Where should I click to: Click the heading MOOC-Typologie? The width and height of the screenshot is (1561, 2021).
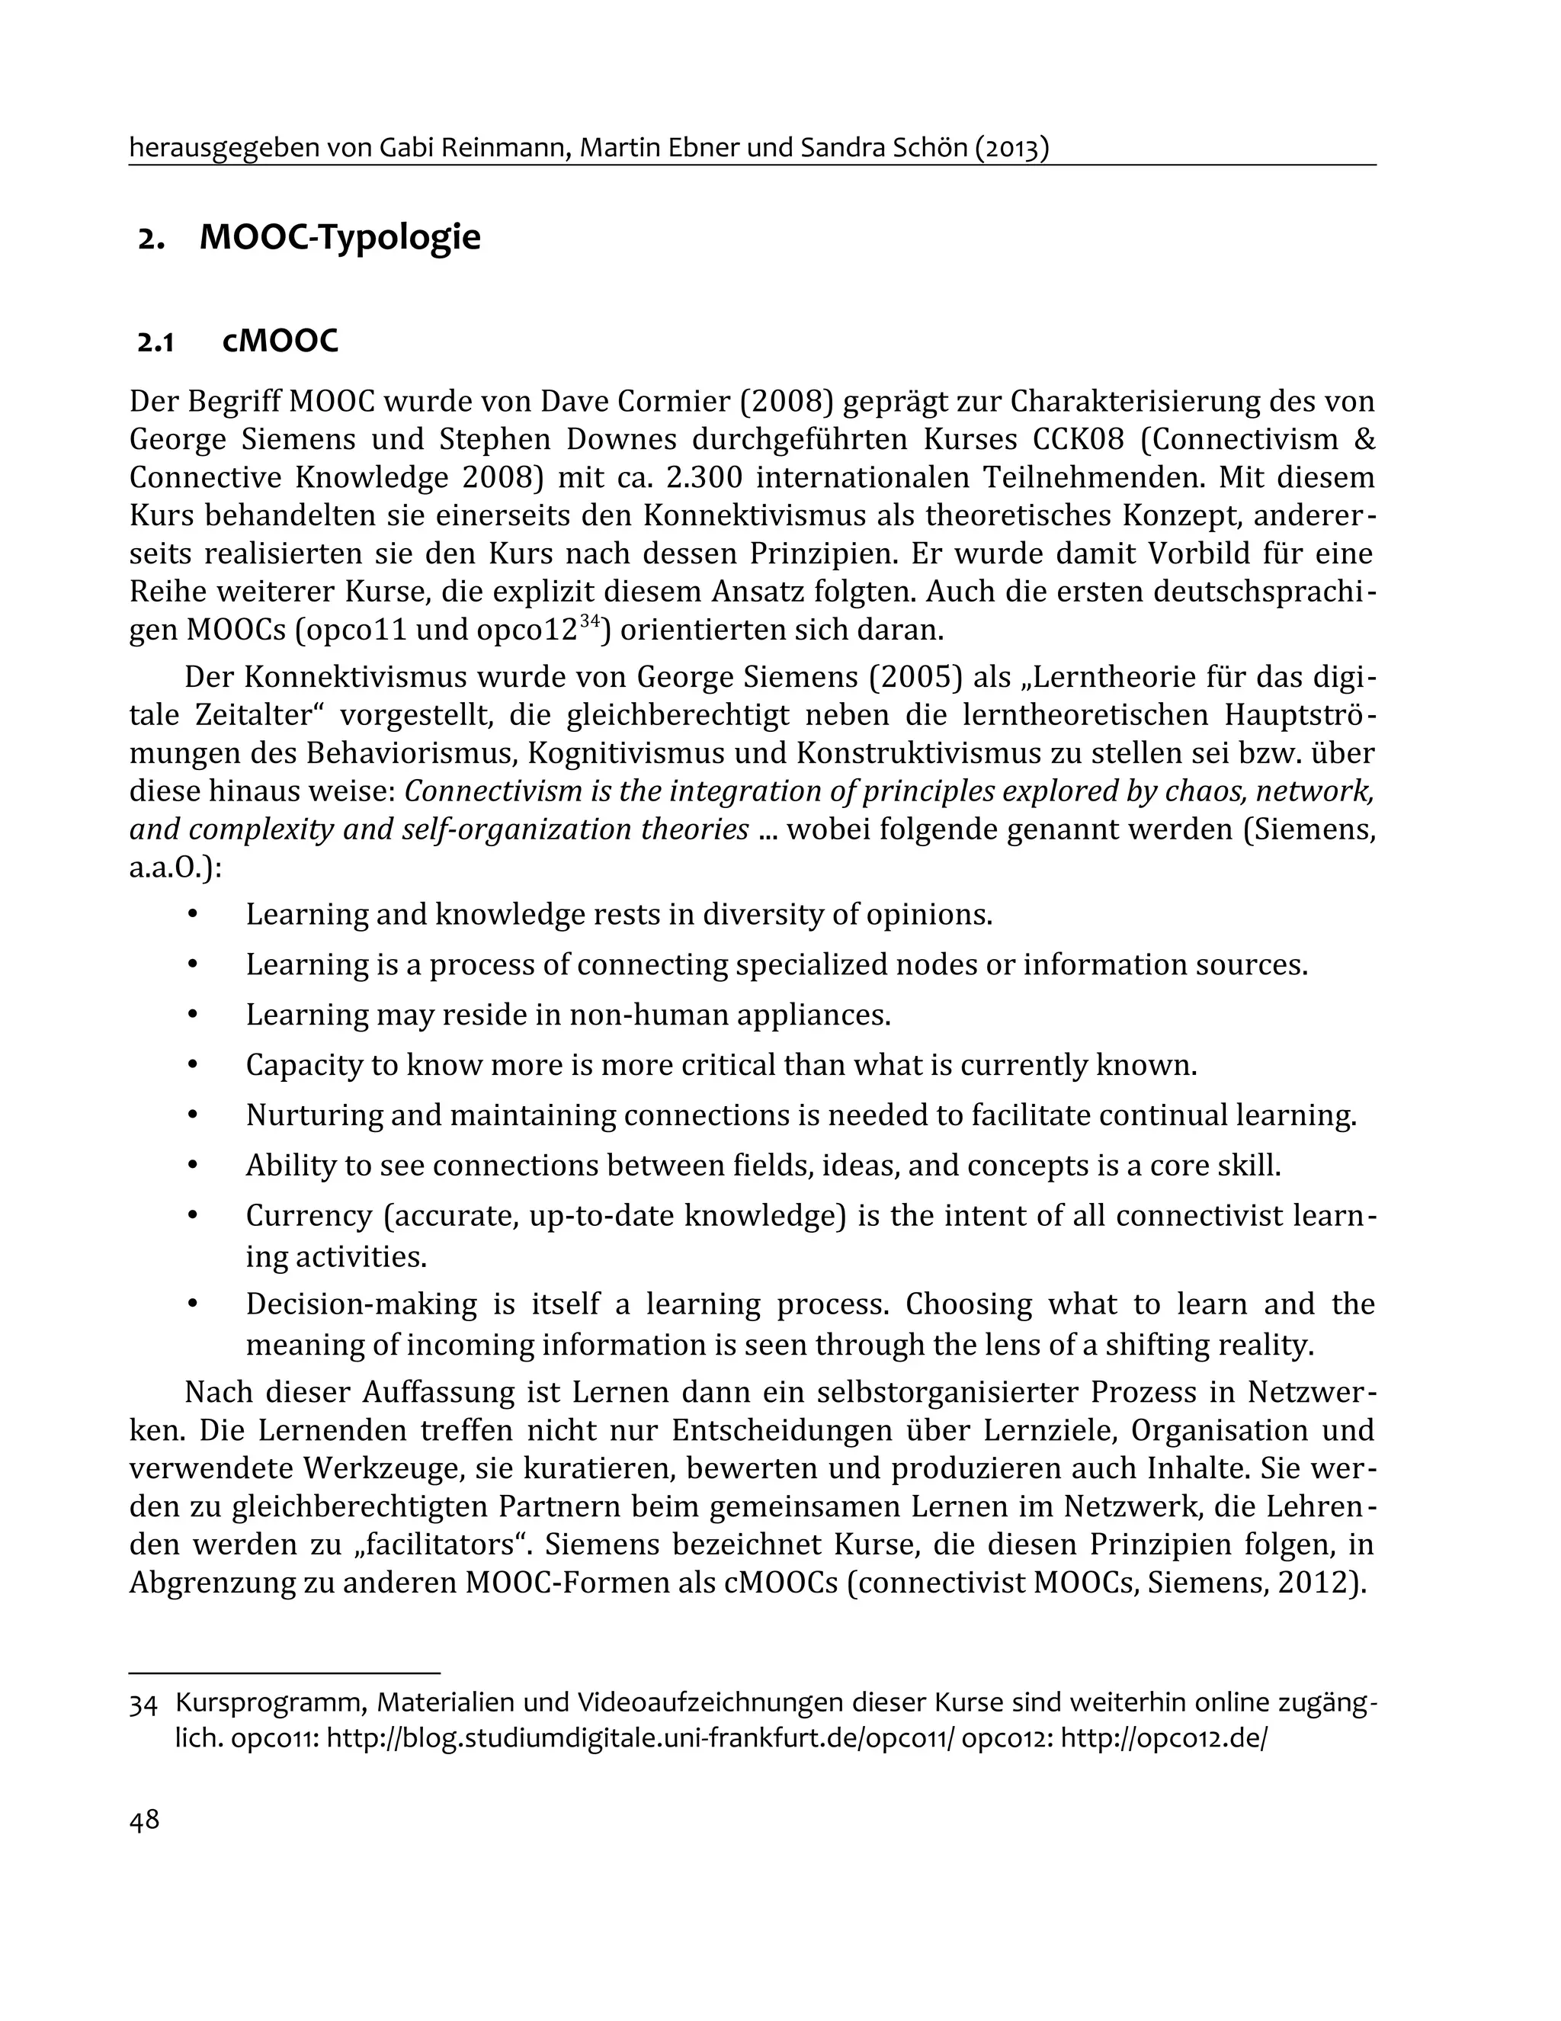coord(340,238)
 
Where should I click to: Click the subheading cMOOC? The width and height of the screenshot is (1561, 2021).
coord(280,342)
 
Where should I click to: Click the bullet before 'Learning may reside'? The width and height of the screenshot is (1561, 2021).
coord(193,1014)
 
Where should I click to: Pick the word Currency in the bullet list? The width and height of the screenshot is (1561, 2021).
coord(307,1215)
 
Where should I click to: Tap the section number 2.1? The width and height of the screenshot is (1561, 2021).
coord(155,342)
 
